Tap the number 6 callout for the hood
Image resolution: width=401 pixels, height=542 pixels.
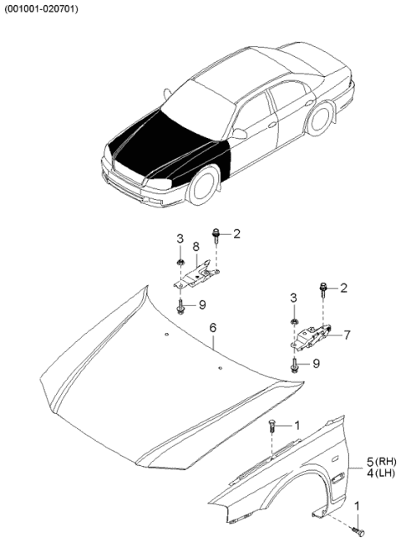[212, 328]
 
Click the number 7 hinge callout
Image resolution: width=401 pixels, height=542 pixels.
[347, 335]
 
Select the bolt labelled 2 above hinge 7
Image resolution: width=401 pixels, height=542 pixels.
[322, 289]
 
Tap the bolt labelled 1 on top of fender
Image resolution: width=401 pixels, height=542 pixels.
[272, 428]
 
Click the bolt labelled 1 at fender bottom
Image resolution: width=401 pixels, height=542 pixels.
[357, 528]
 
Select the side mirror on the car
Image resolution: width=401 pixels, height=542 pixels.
[240, 134]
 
